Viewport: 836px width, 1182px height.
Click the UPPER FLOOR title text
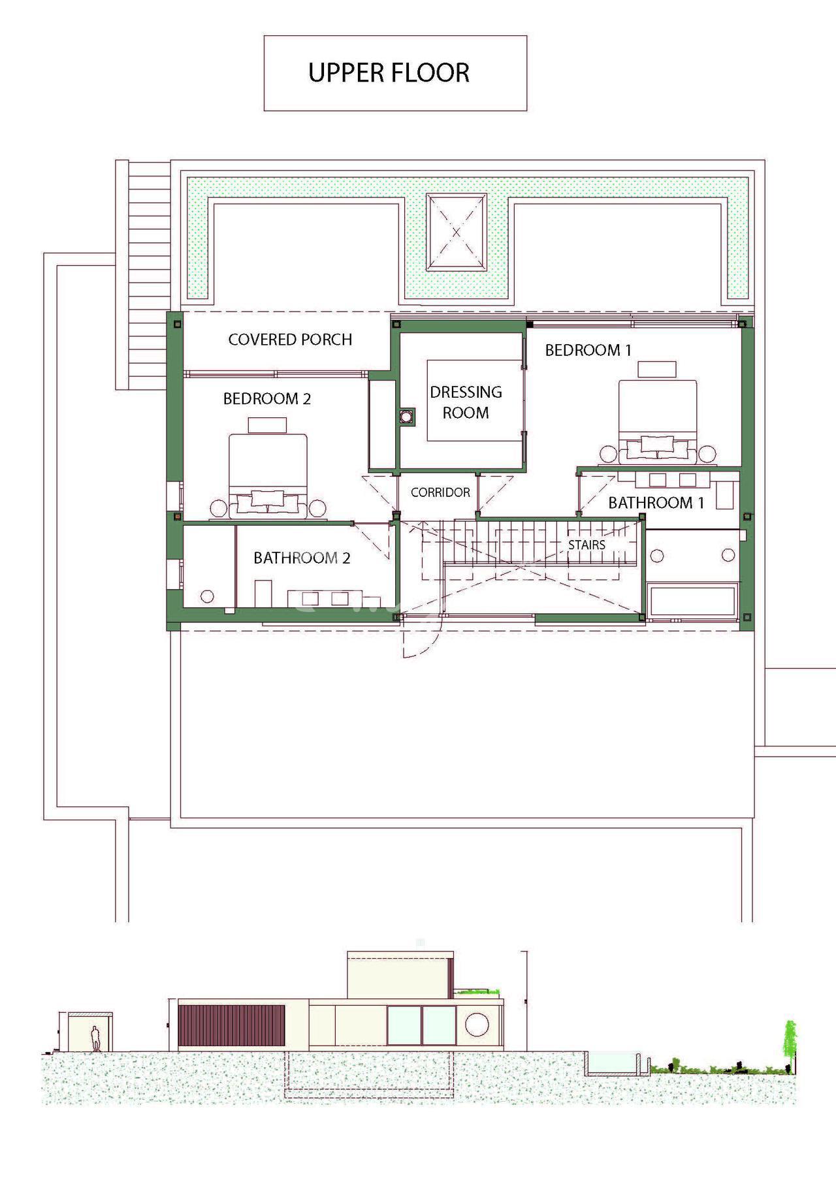[x=389, y=72]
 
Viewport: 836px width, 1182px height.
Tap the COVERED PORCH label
[x=290, y=340]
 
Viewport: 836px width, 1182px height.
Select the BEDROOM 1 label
[x=588, y=350]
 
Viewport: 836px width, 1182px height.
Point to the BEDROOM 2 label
[x=267, y=398]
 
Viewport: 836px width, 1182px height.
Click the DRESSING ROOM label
[x=466, y=402]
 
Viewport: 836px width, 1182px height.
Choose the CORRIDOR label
[x=440, y=492]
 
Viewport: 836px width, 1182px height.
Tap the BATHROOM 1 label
[x=656, y=503]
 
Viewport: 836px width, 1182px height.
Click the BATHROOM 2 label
[x=302, y=558]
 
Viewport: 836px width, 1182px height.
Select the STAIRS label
[x=587, y=545]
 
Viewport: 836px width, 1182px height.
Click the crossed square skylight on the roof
[x=457, y=232]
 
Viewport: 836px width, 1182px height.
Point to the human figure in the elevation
[x=95, y=1038]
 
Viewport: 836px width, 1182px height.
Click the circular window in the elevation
[x=475, y=1024]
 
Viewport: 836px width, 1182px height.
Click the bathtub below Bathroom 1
[x=693, y=601]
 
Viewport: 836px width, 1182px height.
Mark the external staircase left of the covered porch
[x=142, y=274]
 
